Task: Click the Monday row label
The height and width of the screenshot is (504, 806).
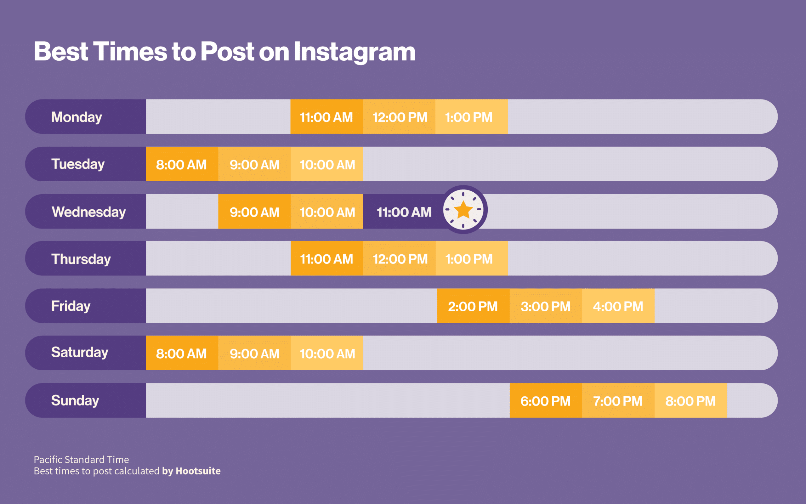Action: click(x=77, y=117)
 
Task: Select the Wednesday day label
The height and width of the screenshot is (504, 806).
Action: click(x=89, y=212)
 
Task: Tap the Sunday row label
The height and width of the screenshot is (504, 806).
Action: click(x=75, y=400)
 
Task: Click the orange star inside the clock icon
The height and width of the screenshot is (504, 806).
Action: click(x=463, y=210)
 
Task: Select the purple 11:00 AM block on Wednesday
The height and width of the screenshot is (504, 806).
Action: click(x=404, y=212)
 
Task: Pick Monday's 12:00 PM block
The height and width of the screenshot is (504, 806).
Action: click(x=399, y=117)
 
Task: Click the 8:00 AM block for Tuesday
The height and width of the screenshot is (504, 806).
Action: click(x=182, y=164)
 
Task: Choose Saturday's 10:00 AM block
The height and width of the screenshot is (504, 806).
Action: click(x=327, y=353)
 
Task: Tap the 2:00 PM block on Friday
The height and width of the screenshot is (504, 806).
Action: click(x=473, y=306)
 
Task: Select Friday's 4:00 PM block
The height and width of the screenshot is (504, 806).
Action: click(x=618, y=306)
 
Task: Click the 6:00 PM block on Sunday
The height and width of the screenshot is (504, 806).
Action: click(x=545, y=401)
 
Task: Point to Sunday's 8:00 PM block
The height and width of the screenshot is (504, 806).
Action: click(x=690, y=401)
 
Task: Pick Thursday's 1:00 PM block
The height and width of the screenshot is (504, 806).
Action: click(x=469, y=259)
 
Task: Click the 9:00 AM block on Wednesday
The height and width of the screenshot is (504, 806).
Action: click(x=254, y=212)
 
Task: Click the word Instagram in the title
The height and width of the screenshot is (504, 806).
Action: click(x=354, y=52)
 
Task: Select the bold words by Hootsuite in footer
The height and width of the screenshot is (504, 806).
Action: click(x=191, y=471)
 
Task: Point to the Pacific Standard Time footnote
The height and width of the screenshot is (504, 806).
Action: click(x=81, y=459)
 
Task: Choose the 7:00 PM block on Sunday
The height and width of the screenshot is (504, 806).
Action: click(x=618, y=401)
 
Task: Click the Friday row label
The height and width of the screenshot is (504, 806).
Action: click(x=71, y=306)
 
